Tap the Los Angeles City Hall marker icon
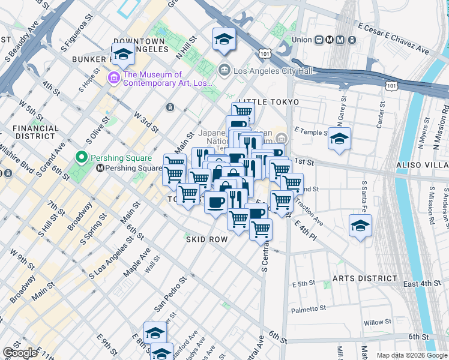[225, 70]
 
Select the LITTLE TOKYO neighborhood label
[268, 102]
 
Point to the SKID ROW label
[206, 239]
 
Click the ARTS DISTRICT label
[365, 278]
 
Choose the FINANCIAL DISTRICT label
[35, 133]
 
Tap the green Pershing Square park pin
[82, 158]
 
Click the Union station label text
[302, 40]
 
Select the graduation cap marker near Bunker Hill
[123, 55]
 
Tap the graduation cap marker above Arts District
[360, 226]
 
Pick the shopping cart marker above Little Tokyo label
[243, 111]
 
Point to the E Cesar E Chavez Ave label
[393, 40]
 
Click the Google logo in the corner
[20, 353]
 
